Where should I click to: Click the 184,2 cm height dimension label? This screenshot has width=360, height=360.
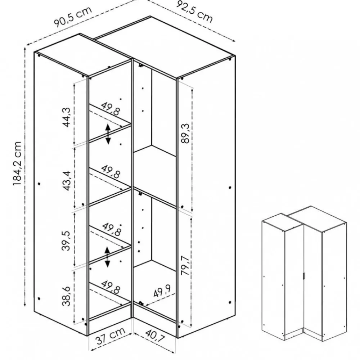click(18, 163)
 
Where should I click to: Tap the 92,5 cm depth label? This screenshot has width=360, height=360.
click(194, 11)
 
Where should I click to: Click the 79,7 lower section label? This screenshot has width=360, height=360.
click(185, 264)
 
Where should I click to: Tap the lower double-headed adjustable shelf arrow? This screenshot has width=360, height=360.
click(107, 257)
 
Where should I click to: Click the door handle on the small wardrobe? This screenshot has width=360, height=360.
click(303, 276)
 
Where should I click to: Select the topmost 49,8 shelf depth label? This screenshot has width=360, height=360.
click(110, 109)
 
